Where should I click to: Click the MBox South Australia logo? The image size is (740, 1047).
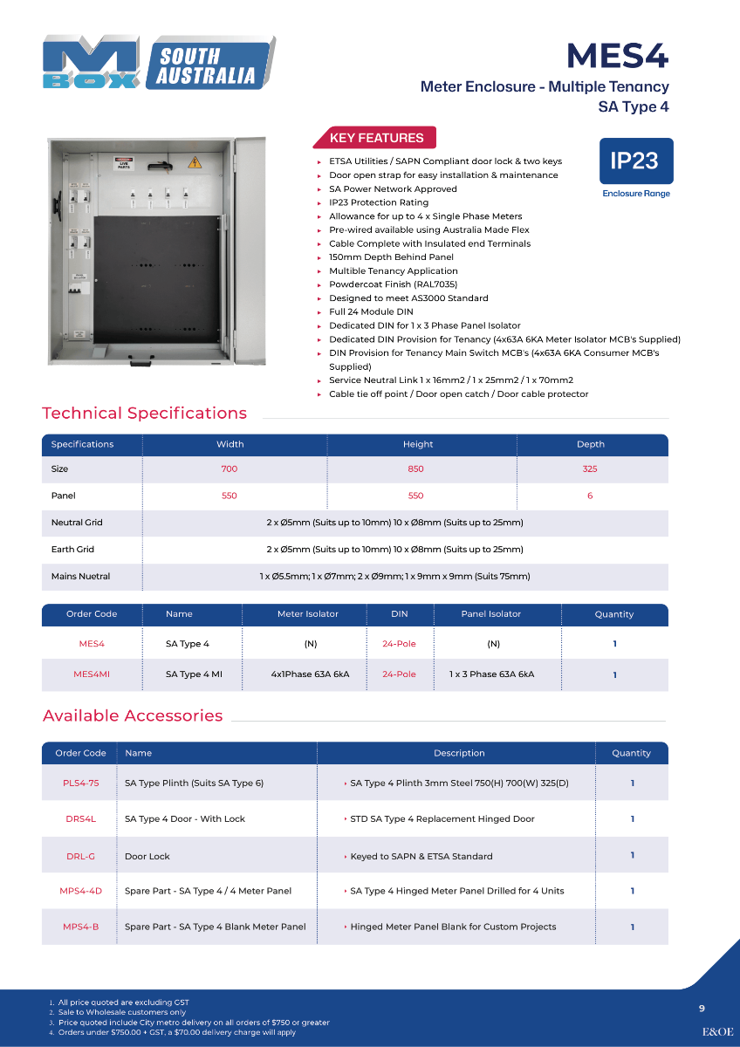tap(158, 62)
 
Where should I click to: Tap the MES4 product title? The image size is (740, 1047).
tap(617, 55)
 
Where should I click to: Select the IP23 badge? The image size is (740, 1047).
tap(635, 161)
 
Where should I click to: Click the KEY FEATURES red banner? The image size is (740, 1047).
tap(376, 138)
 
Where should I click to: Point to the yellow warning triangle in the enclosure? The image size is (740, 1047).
tap(195, 161)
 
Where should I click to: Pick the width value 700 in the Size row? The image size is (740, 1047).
tap(229, 469)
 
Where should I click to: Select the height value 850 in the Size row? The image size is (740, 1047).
tap(415, 469)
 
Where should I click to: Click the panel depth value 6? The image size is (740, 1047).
tap(590, 496)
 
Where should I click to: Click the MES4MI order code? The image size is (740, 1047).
tap(92, 674)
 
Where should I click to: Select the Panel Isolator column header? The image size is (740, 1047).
tap(490, 614)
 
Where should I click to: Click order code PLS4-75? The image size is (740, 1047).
tap(81, 784)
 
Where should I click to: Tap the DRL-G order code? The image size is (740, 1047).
tap(81, 856)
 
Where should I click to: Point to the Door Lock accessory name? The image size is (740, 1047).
tap(147, 856)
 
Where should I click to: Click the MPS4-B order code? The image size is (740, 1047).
tap(81, 927)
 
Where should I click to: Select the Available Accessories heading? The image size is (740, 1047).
tap(133, 715)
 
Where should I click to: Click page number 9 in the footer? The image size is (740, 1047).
tap(702, 1009)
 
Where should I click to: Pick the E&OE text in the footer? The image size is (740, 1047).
tap(717, 1031)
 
